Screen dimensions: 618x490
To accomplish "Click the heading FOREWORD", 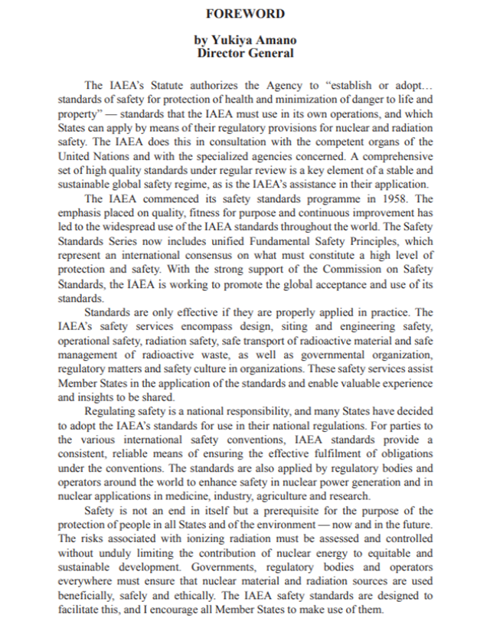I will (x=245, y=14).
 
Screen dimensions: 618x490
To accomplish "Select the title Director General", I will (x=245, y=53).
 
